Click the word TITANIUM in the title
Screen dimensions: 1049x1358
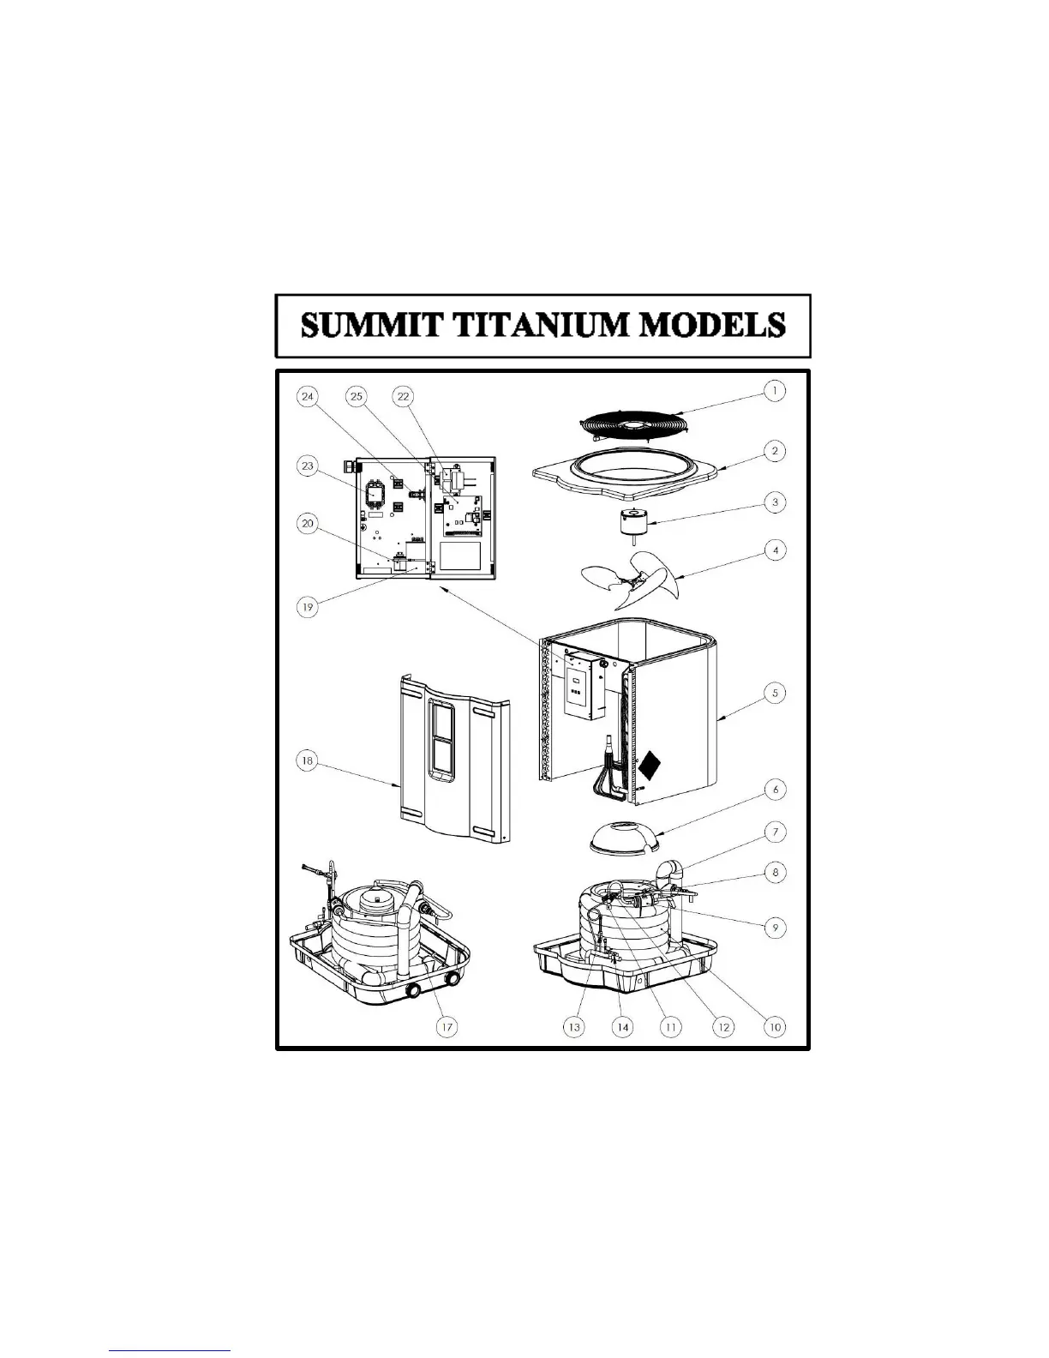tap(544, 326)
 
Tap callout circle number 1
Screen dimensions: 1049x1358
tap(775, 391)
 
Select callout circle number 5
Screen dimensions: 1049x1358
tap(775, 693)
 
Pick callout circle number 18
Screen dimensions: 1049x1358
tap(307, 760)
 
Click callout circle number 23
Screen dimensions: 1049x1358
tap(307, 466)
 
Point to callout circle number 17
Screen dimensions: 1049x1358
tap(447, 1026)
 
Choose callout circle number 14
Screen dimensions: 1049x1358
tap(623, 1026)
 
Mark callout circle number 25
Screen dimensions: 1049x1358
tap(357, 396)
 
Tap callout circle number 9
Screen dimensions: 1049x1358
tap(775, 928)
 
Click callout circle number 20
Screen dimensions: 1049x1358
tap(307, 524)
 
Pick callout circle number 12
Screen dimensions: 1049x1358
tap(724, 1026)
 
